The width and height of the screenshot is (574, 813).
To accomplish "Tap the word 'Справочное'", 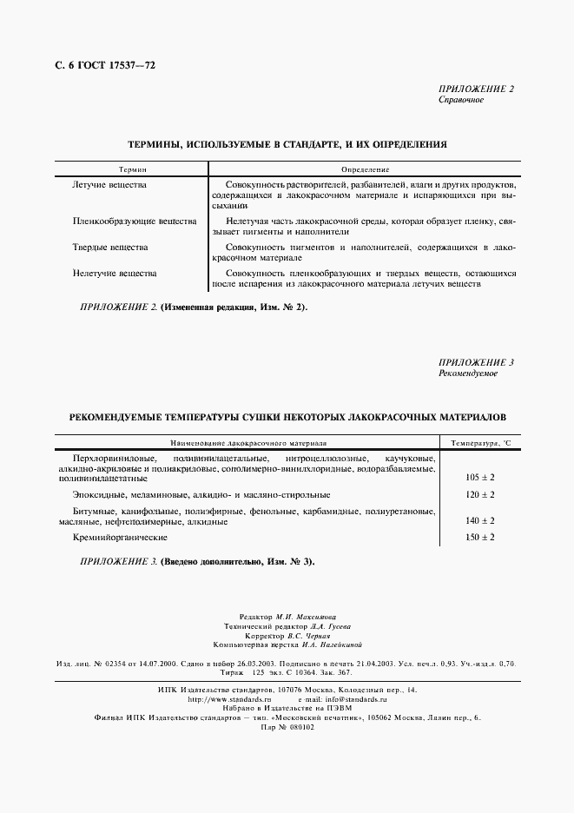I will click(x=461, y=100).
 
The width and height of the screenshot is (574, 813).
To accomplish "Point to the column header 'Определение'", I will click(x=365, y=169).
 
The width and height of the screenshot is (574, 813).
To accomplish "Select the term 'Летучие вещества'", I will click(x=109, y=185).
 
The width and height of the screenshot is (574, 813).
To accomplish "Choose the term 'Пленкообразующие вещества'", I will click(x=134, y=221).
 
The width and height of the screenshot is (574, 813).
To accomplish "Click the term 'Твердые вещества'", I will click(x=109, y=248).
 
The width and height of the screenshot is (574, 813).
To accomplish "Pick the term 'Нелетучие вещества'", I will click(x=114, y=273).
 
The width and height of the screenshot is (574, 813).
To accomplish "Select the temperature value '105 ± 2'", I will click(x=479, y=477).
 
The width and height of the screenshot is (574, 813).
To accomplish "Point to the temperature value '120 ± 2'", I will click(x=479, y=494).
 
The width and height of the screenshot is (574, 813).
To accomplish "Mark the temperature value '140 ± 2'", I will click(x=479, y=520).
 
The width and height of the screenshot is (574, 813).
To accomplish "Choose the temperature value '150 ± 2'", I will click(x=479, y=538).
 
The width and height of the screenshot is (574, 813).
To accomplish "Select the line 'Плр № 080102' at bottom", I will click(x=287, y=727).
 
